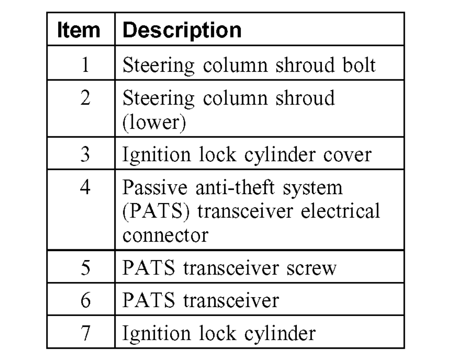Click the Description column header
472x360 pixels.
click(182, 30)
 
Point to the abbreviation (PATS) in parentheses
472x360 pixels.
click(151, 211)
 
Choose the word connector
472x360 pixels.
click(165, 234)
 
